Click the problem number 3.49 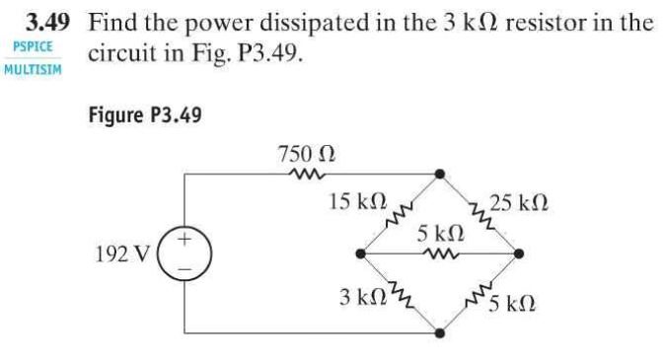[x=46, y=22]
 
